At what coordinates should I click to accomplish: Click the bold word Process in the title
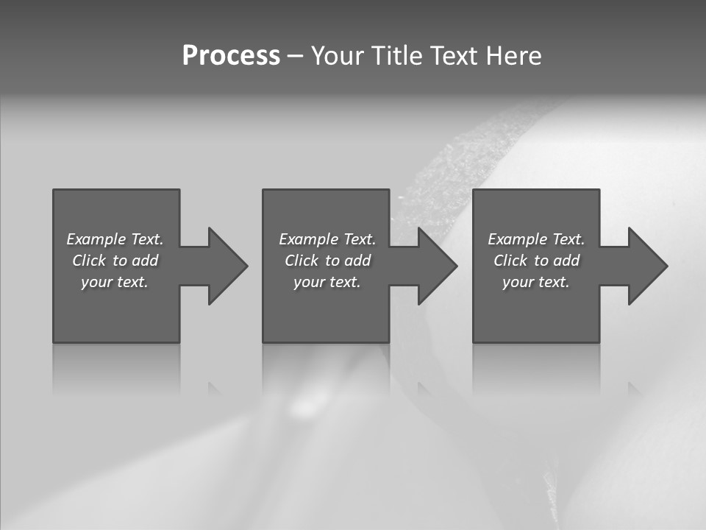pyautogui.click(x=231, y=56)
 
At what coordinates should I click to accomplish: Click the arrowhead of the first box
pyautogui.click(x=227, y=266)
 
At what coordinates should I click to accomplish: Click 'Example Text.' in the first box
pyautogui.click(x=115, y=239)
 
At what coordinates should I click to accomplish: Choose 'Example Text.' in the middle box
pyautogui.click(x=327, y=239)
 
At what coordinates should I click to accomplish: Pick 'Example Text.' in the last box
pyautogui.click(x=536, y=239)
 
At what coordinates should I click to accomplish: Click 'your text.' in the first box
pyautogui.click(x=115, y=282)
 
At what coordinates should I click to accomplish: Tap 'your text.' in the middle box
pyautogui.click(x=327, y=282)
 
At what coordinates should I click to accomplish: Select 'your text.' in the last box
pyautogui.click(x=536, y=282)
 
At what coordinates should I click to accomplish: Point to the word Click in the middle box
pyautogui.click(x=302, y=261)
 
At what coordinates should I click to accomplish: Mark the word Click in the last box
pyautogui.click(x=510, y=261)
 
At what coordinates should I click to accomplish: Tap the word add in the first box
pyautogui.click(x=145, y=261)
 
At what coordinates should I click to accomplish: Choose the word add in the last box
pyautogui.click(x=566, y=261)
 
